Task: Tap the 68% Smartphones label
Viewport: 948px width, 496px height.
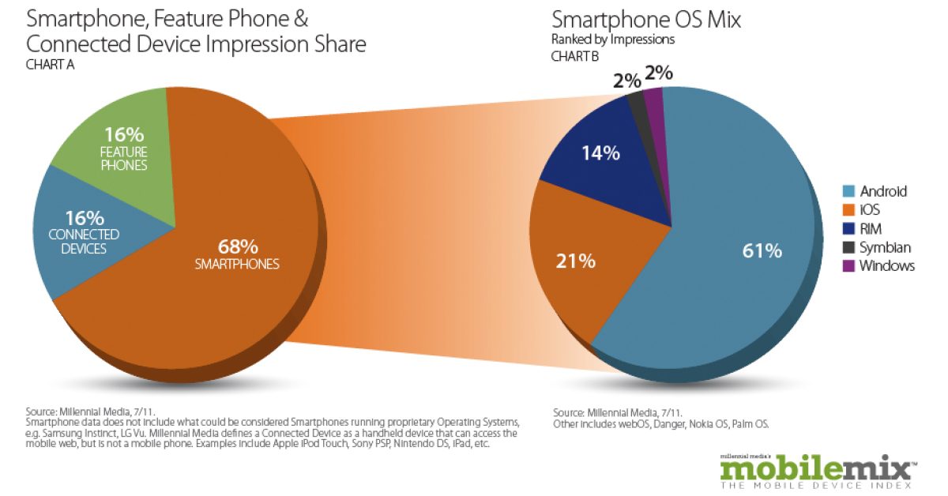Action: coord(237,253)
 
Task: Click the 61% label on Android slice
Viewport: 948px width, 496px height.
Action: coord(762,252)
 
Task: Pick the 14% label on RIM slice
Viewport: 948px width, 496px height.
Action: coord(601,153)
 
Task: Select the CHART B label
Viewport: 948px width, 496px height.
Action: coord(575,56)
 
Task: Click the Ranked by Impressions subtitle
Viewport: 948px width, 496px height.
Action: coord(613,39)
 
